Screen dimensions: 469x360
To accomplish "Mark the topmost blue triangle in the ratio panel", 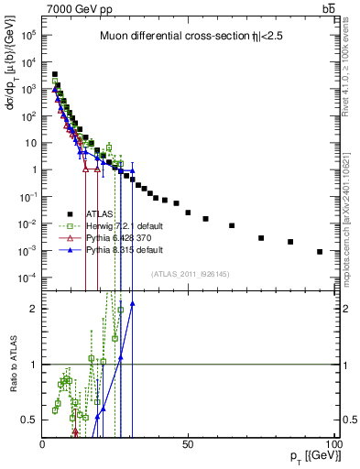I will pos(133,304).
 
